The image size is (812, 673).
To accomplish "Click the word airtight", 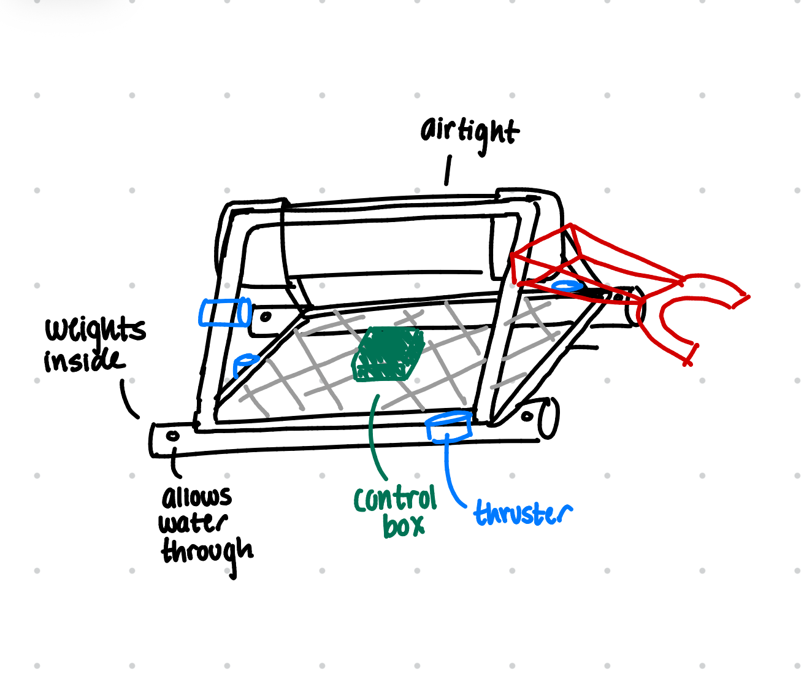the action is click(x=469, y=132).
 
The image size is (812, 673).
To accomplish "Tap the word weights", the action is click(x=95, y=330).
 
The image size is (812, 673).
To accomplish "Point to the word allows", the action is click(x=196, y=497).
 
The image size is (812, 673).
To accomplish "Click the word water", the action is click(x=193, y=524).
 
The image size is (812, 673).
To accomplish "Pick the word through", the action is click(x=207, y=552).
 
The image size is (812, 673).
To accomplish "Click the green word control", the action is click(x=396, y=500).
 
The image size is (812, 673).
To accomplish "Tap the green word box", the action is click(x=404, y=526).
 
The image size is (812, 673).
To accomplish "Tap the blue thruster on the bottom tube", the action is click(x=450, y=426).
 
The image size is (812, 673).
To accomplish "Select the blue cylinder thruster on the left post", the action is click(x=224, y=312).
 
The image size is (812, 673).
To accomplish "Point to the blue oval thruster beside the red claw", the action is click(x=567, y=286).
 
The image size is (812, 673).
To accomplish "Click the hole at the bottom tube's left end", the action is click(x=173, y=436).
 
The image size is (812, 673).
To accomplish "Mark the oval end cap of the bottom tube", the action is click(x=549, y=418).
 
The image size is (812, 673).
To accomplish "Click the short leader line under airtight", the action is click(x=448, y=170).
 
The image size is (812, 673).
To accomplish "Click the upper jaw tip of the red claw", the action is click(x=742, y=299).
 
